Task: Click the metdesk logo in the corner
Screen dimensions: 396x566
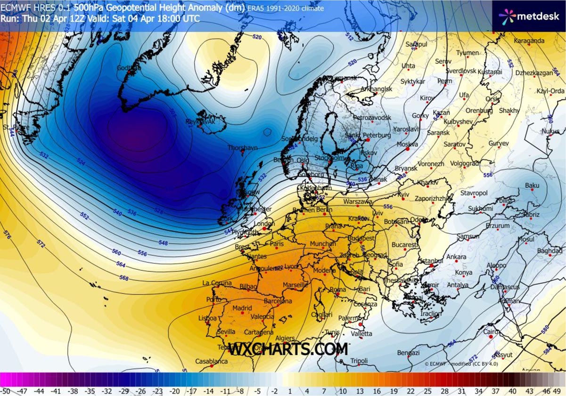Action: tap(529, 16)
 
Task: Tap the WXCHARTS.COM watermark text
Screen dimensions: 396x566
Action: tap(288, 349)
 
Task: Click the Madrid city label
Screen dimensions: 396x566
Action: tap(243, 308)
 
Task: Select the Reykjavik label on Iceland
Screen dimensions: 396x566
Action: tap(200, 121)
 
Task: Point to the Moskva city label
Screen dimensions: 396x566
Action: tap(407, 144)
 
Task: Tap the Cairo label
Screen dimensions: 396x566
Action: tap(492, 332)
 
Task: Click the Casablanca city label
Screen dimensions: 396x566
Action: tap(212, 362)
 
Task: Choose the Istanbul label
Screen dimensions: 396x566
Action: tap(432, 261)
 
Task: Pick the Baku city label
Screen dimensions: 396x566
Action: tap(532, 186)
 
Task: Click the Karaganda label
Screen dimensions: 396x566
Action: tap(529, 41)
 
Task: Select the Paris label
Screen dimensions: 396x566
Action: tap(277, 244)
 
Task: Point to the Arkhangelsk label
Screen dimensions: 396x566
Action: tap(376, 89)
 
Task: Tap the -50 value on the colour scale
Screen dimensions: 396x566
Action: tap(6, 391)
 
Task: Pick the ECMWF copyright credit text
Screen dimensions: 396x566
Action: tap(460, 364)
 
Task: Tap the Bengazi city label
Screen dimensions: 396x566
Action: tap(408, 353)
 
